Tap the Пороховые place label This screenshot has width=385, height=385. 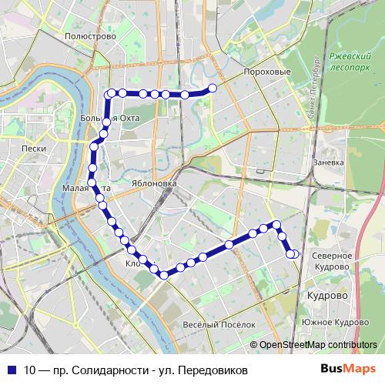pos(266,72)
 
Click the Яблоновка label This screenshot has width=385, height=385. pos(154,185)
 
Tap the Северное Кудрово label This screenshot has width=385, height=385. pos(332,260)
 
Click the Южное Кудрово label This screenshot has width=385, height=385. pos(336,322)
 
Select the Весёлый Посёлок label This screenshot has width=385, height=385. pos(219,324)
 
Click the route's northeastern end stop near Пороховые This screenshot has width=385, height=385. pos(213,88)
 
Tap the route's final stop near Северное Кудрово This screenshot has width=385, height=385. pos(293,254)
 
